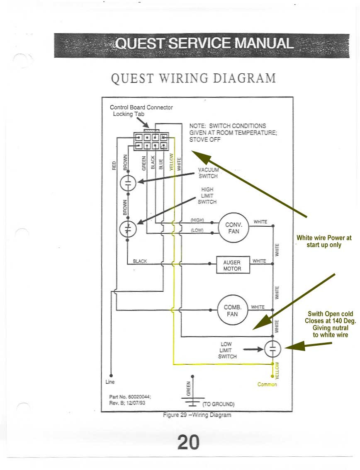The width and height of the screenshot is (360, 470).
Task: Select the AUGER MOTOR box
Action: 232,265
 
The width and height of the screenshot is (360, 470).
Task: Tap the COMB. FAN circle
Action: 232,310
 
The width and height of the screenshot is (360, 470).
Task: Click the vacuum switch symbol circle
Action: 128,183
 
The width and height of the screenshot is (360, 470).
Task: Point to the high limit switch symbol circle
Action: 128,229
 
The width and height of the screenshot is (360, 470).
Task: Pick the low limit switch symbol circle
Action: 272,349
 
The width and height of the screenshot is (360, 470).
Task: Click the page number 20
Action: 188,442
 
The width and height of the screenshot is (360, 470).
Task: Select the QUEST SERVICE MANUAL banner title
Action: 205,44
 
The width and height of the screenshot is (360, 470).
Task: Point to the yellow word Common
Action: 267,385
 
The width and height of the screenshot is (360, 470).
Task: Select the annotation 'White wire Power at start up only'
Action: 324,241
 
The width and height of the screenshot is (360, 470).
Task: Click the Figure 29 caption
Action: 197,415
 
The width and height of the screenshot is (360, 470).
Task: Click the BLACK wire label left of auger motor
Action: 140,261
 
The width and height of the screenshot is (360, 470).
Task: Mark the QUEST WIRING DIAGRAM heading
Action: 193,78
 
